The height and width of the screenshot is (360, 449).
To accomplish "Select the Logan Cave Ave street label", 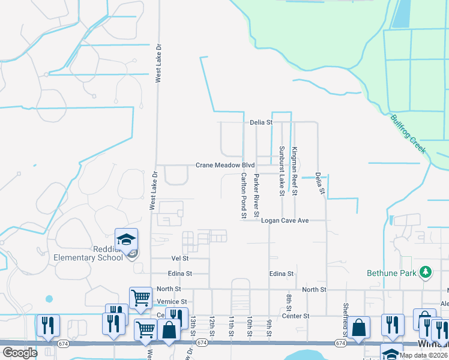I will (285, 221).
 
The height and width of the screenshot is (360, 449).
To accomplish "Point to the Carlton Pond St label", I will (244, 195).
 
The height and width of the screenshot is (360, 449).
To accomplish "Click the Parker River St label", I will (256, 195).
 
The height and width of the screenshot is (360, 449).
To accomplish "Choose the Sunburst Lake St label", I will (281, 171).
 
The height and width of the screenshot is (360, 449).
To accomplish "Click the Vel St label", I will (180, 258).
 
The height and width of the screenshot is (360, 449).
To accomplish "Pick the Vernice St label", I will (172, 301).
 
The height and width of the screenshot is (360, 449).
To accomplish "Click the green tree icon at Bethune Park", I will (426, 273).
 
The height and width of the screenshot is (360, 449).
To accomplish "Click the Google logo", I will (20, 353).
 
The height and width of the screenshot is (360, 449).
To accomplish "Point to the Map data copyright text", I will (424, 355).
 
